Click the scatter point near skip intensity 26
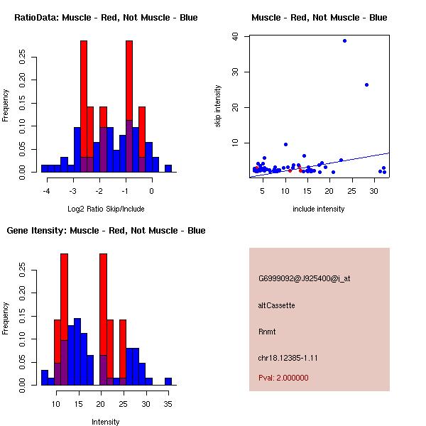[366, 84]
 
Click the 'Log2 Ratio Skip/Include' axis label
[106, 208]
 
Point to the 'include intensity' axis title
[319, 209]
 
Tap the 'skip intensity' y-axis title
[218, 106]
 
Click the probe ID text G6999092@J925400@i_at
[305, 278]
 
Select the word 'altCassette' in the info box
[276, 305]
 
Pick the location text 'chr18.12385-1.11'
[288, 358]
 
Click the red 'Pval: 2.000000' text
[283, 378]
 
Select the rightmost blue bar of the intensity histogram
[168, 381]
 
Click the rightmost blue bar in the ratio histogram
[168, 168]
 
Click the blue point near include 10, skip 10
[285, 144]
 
